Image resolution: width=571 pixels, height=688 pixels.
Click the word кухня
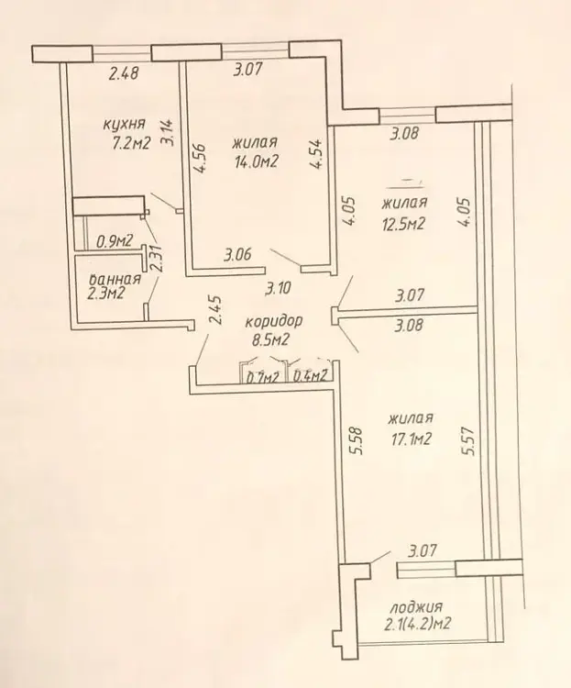(124, 124)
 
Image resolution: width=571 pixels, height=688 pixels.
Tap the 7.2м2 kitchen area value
(132, 143)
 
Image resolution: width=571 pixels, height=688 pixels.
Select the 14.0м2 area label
(257, 161)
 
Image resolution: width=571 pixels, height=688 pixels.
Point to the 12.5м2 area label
(404, 224)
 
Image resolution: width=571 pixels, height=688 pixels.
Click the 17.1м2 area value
(411, 438)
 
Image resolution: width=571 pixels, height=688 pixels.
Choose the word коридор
(274, 321)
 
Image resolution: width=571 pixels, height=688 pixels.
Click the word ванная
(115, 279)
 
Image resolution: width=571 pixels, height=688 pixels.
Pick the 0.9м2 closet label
(115, 241)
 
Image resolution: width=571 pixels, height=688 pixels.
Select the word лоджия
(416, 607)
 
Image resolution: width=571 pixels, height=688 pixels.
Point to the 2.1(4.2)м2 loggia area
(418, 624)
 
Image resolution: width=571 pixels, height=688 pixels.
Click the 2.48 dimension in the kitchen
(124, 73)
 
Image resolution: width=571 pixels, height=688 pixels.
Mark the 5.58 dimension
(357, 440)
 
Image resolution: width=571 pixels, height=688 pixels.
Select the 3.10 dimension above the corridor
(279, 289)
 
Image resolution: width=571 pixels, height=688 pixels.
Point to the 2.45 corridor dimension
(215, 310)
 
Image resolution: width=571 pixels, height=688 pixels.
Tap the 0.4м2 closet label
(310, 375)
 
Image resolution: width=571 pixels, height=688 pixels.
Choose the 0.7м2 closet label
(262, 376)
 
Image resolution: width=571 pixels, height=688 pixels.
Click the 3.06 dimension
(237, 254)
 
